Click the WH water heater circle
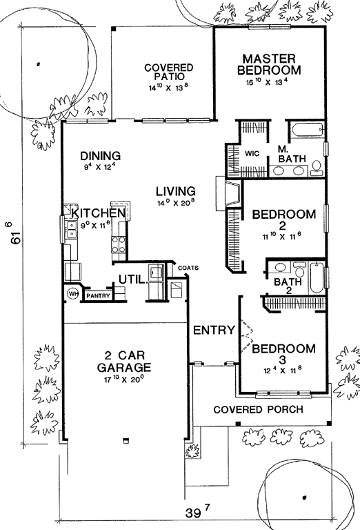point(73,294)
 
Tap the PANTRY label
point(98,296)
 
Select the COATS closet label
point(188,268)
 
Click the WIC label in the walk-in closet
point(252,153)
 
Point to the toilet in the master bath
point(317,168)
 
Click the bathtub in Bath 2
point(317,277)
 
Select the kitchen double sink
point(72,229)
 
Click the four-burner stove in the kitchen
point(118,244)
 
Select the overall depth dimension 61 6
point(14,233)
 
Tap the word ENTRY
point(214,331)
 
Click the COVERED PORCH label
point(259,410)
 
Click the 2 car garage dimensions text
point(124,379)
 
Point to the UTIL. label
point(133,280)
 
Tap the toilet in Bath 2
point(299,269)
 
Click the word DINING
point(100,156)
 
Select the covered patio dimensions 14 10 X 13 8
point(168,88)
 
